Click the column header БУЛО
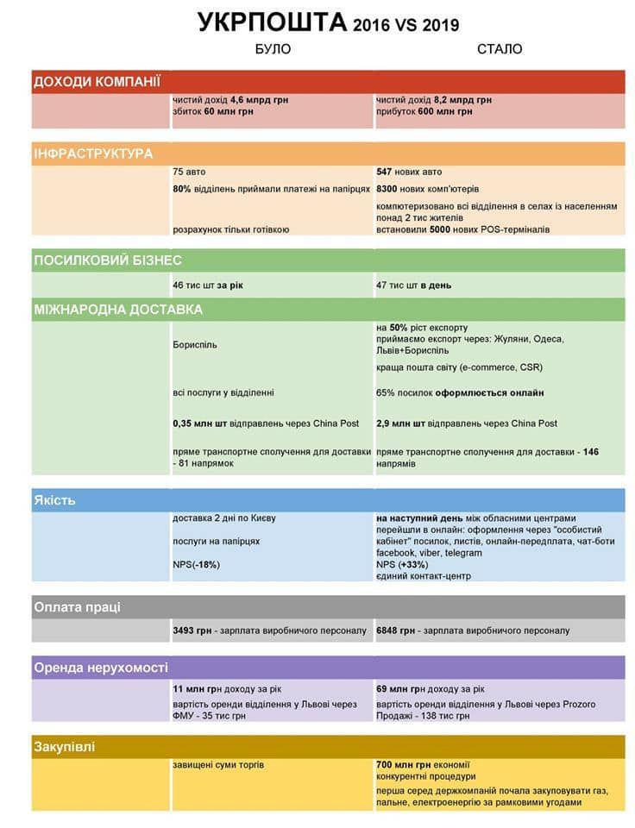click(x=273, y=49)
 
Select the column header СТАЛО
click(x=500, y=49)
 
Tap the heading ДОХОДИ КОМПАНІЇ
click(x=97, y=82)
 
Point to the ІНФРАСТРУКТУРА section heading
click(x=93, y=154)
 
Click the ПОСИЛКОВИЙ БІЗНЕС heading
click(x=107, y=260)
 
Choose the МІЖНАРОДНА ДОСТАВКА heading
click(x=118, y=309)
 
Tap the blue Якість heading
click(x=54, y=500)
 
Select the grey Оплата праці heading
click(x=77, y=607)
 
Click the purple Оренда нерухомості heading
click(x=100, y=668)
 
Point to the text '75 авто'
click(x=189, y=172)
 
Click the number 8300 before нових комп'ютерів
click(x=387, y=189)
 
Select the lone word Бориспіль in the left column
click(x=195, y=345)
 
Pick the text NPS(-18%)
click(x=196, y=564)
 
